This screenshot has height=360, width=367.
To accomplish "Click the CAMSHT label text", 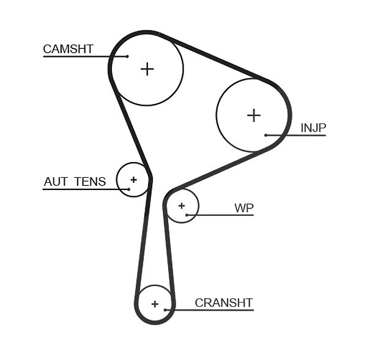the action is (x=69, y=49).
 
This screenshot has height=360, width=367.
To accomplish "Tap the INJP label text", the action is (x=313, y=128).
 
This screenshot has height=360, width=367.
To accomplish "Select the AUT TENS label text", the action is (x=75, y=182).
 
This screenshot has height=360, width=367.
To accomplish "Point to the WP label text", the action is (x=244, y=208).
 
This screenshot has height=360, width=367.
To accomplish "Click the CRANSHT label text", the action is (x=224, y=303).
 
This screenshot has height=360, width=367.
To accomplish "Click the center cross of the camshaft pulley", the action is (x=147, y=69).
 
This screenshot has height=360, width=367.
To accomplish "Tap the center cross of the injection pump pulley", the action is (x=254, y=116).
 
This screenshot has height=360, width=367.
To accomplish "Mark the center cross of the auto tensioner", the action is (x=133, y=180).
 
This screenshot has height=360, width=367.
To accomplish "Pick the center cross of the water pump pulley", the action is (x=182, y=206).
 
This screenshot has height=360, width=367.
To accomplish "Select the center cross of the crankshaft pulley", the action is (x=155, y=304).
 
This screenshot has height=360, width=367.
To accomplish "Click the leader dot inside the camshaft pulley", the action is (x=127, y=56).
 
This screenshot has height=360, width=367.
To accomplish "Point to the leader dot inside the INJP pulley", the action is (x=266, y=135).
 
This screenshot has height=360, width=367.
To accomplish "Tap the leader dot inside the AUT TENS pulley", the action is (x=128, y=189).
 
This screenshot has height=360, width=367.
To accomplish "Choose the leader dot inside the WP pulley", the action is (x=187, y=215).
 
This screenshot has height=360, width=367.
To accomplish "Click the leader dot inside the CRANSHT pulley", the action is (x=165, y=310).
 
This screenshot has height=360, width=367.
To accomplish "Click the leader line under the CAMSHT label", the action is (x=85, y=56).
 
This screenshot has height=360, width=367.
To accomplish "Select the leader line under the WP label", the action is (x=220, y=215).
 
